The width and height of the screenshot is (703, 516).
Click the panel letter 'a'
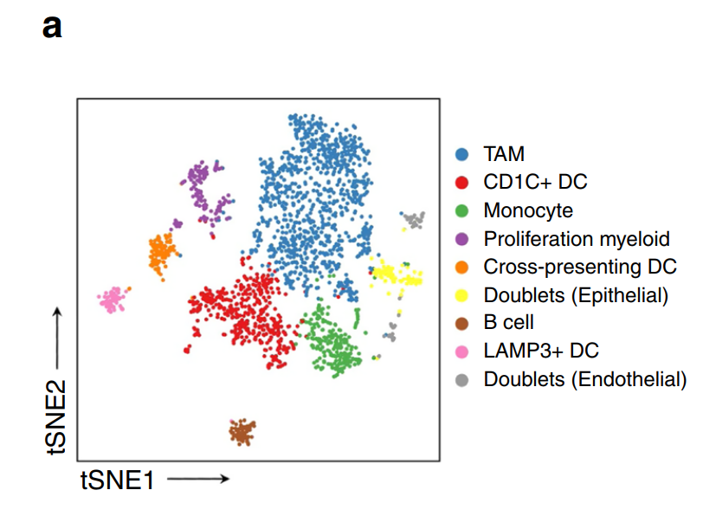[x=52, y=28]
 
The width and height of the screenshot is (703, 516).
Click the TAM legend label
[x=504, y=154]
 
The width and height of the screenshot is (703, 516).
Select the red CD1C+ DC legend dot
[x=461, y=183]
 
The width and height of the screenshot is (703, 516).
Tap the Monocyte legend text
[x=528, y=210]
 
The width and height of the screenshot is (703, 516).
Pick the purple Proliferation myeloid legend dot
[x=461, y=239]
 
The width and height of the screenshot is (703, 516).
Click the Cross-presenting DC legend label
[x=580, y=268]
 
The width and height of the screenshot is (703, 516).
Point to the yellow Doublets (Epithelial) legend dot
[x=461, y=295]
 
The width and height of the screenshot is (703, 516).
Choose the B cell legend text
[x=509, y=322]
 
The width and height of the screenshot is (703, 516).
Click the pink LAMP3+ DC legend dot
[x=461, y=352]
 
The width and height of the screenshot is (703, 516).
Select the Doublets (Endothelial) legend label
[x=585, y=380]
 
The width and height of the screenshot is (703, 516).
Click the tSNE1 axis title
[x=118, y=481]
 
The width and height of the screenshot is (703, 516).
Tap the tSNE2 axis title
[x=56, y=417]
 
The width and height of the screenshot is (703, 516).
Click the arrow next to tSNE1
[x=198, y=479]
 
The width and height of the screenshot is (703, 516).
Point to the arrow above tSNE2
[x=57, y=338]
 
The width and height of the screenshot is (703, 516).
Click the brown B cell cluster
[x=242, y=432]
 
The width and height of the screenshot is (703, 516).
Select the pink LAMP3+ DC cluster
[x=113, y=299]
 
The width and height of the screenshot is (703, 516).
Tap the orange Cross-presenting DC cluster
[x=162, y=255]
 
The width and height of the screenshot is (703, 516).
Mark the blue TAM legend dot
[x=461, y=154]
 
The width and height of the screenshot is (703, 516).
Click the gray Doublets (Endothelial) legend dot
[x=461, y=380]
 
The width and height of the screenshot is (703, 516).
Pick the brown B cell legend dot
[x=461, y=324]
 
